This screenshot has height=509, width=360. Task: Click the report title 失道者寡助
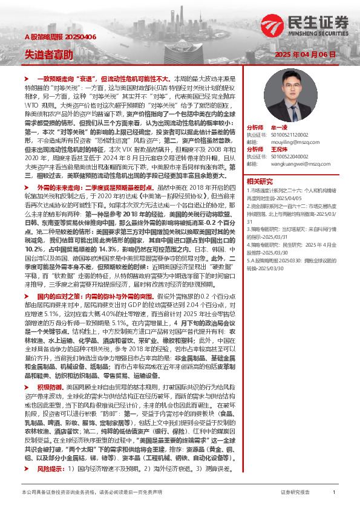click(49, 54)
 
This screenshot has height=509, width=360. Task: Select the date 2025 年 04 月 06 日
click(304, 55)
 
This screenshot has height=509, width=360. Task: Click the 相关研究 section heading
click(259, 181)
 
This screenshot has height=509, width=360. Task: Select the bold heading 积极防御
click(51, 385)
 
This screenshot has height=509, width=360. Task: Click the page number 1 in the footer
click(333, 493)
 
